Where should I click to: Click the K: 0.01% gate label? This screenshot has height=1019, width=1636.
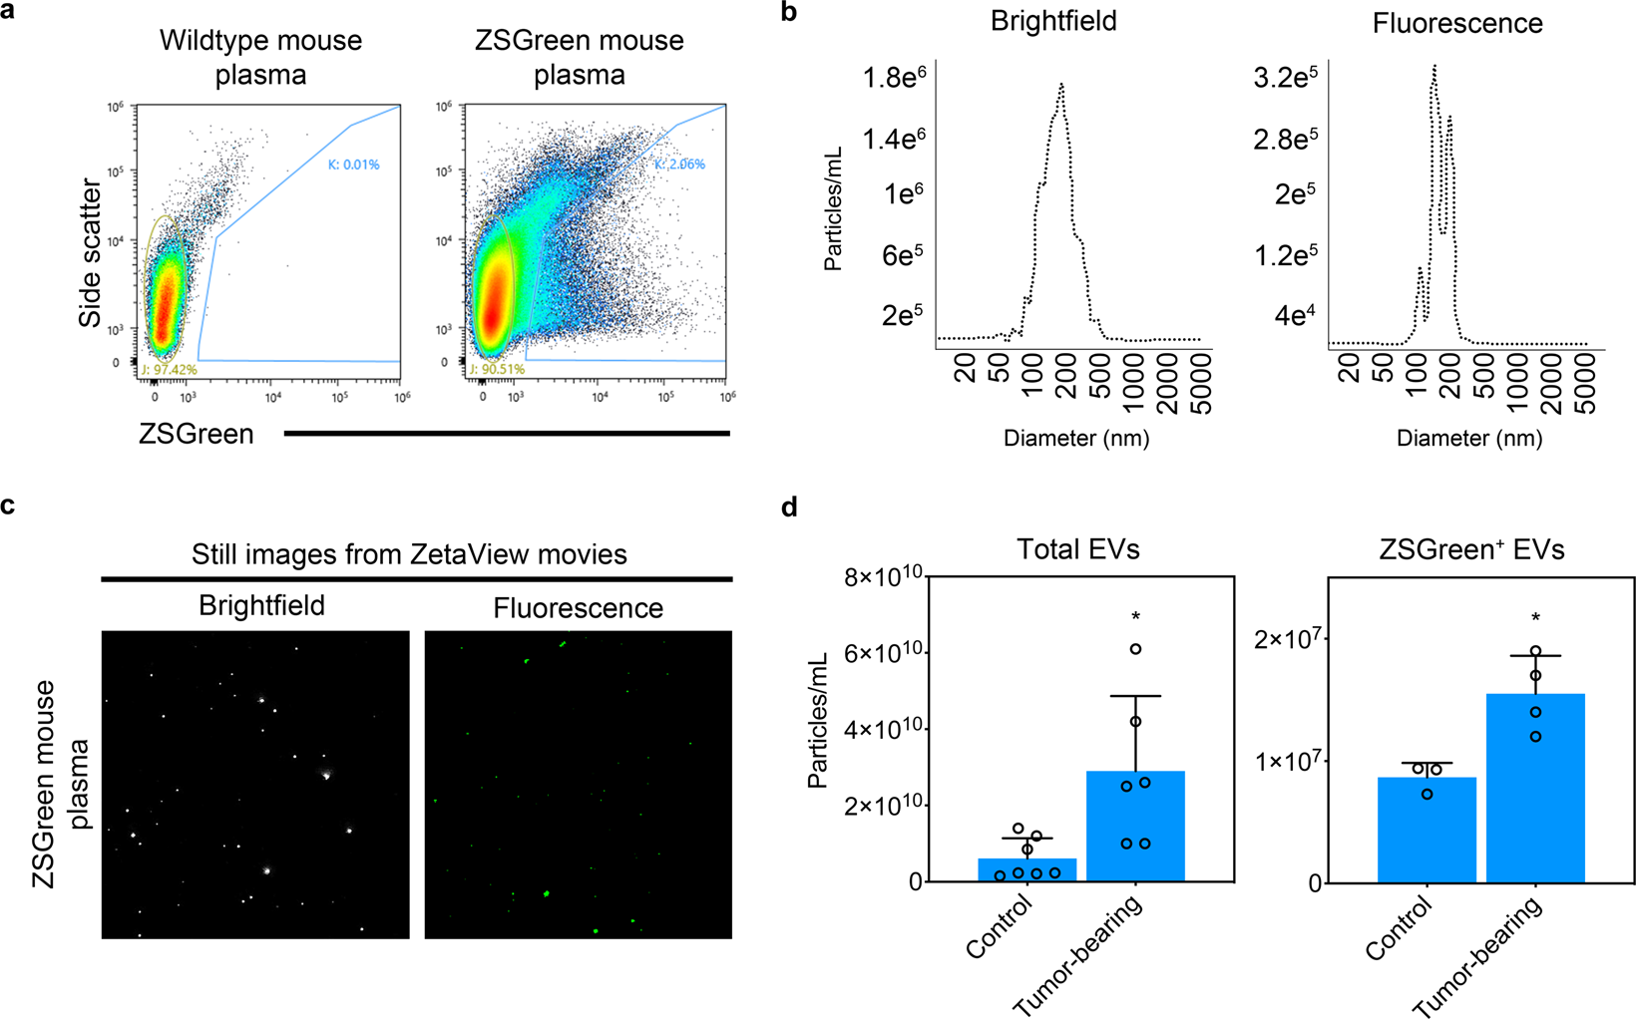pos(353,165)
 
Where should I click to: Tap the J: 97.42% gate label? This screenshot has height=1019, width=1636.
pos(170,370)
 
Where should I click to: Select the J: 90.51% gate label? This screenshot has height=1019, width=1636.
pos(497,370)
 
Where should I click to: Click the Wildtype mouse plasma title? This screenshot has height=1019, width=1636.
pos(260,58)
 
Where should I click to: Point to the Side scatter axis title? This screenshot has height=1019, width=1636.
pos(91,253)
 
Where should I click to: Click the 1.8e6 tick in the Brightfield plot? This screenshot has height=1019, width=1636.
pos(895,77)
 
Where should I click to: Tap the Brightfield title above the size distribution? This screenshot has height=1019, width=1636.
pos(1053,22)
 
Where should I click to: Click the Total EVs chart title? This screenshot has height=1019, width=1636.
pos(1077,549)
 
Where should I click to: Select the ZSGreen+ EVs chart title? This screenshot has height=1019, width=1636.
pos(1471,549)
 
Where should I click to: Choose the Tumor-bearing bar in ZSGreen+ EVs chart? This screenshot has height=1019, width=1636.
pos(1535,788)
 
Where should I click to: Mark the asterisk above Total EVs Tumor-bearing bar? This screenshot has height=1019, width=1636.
pos(1135,617)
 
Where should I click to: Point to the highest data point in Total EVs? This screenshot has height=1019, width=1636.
pos(1135,649)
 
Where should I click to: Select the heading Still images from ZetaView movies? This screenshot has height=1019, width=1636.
pos(409,554)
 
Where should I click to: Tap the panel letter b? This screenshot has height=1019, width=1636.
pos(789,13)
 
